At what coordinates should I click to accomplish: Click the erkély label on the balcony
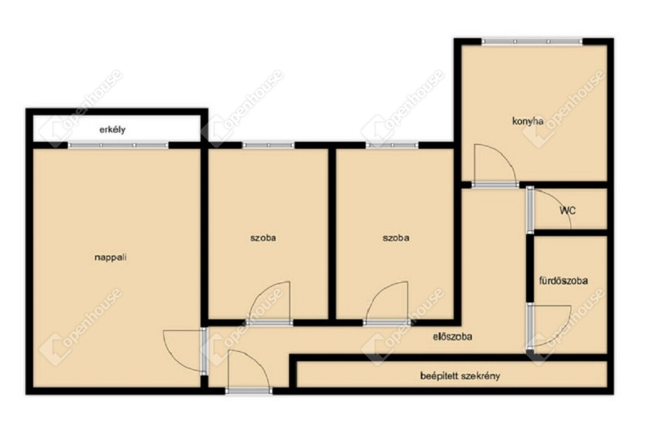coord(112,130)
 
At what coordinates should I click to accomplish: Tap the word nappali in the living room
coord(110,257)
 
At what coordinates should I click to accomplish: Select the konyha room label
coord(528,122)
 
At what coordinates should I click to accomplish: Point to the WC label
coord(567,210)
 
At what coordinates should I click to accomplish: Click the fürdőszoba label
coord(563,281)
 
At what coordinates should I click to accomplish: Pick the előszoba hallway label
coord(452,337)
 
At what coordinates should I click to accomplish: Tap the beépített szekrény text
coord(460,376)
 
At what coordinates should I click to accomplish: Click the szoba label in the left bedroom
coord(263,238)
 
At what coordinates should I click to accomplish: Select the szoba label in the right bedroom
coord(396,238)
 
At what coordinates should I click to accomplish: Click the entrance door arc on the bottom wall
coord(258,359)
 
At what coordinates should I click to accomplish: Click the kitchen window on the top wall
coord(532,41)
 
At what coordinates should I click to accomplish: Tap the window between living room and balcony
coord(118,145)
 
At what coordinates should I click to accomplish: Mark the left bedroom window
coord(268,145)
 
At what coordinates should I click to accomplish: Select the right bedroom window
coord(392,145)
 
